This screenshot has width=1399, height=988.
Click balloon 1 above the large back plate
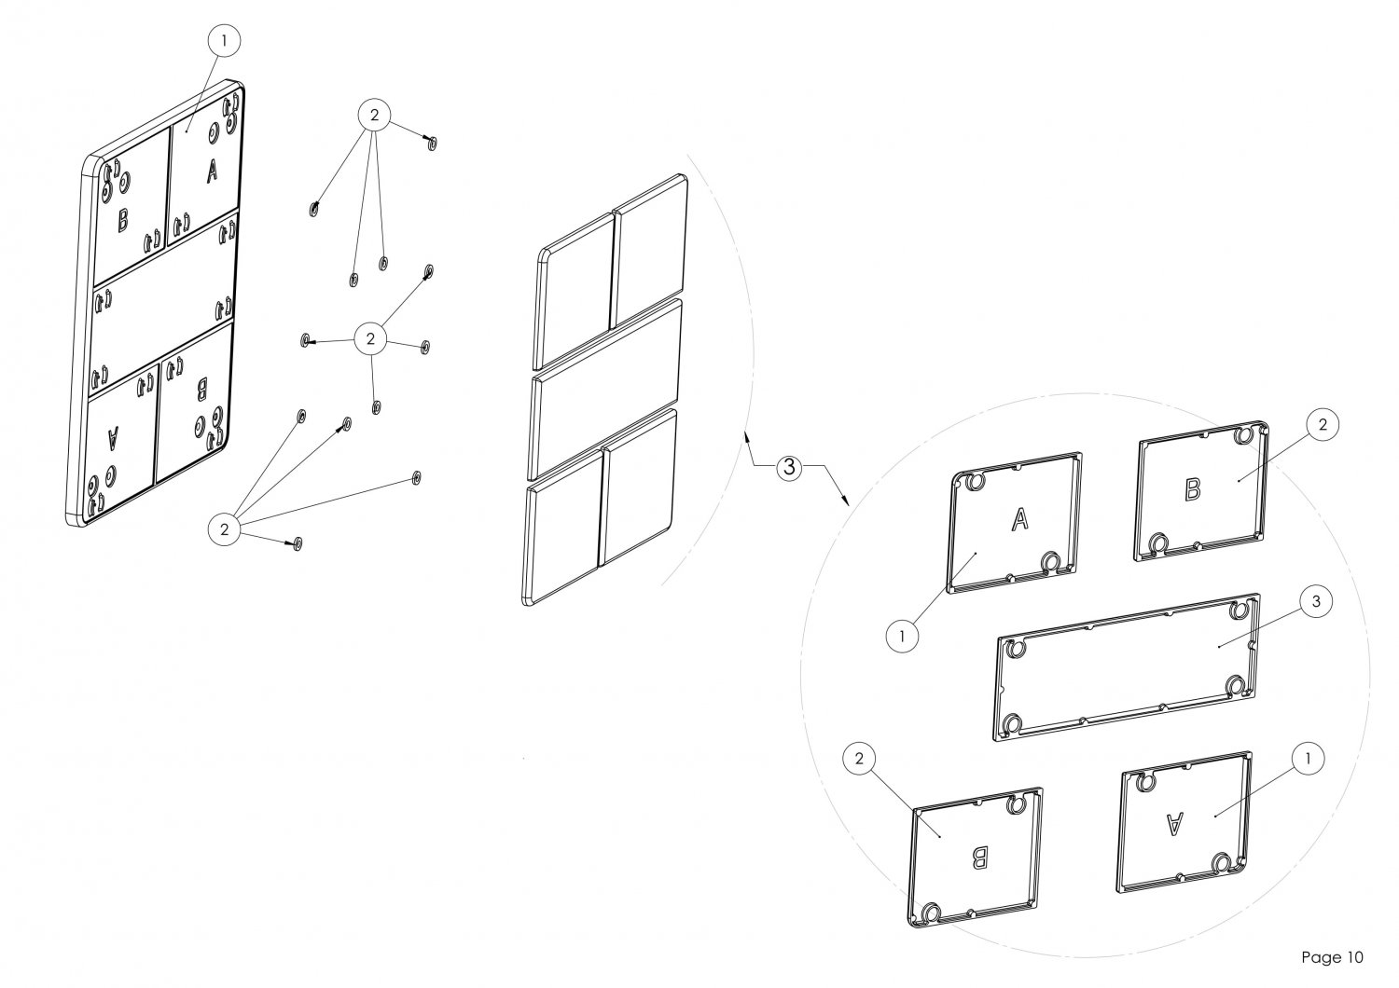coord(224,40)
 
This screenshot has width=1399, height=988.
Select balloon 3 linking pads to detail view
coord(788,468)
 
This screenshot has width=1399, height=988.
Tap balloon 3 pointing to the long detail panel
coord(1315,602)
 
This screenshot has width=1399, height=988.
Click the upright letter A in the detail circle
coord(1019,520)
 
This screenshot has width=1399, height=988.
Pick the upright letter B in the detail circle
coord(1193,489)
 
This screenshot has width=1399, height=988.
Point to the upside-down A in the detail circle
coord(1175,822)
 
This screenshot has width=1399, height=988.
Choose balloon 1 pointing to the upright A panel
coord(900,636)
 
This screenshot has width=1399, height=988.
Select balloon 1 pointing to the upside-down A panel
coord(1308,759)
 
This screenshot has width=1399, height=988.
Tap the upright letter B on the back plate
coord(123,222)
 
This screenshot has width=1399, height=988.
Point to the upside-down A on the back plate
coord(114,433)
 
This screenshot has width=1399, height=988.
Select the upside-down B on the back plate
coord(201,383)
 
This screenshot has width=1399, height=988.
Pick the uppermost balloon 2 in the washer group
coord(374,116)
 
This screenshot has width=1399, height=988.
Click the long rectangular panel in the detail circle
coord(1129,666)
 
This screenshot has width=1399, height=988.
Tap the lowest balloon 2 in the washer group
coord(224,529)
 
